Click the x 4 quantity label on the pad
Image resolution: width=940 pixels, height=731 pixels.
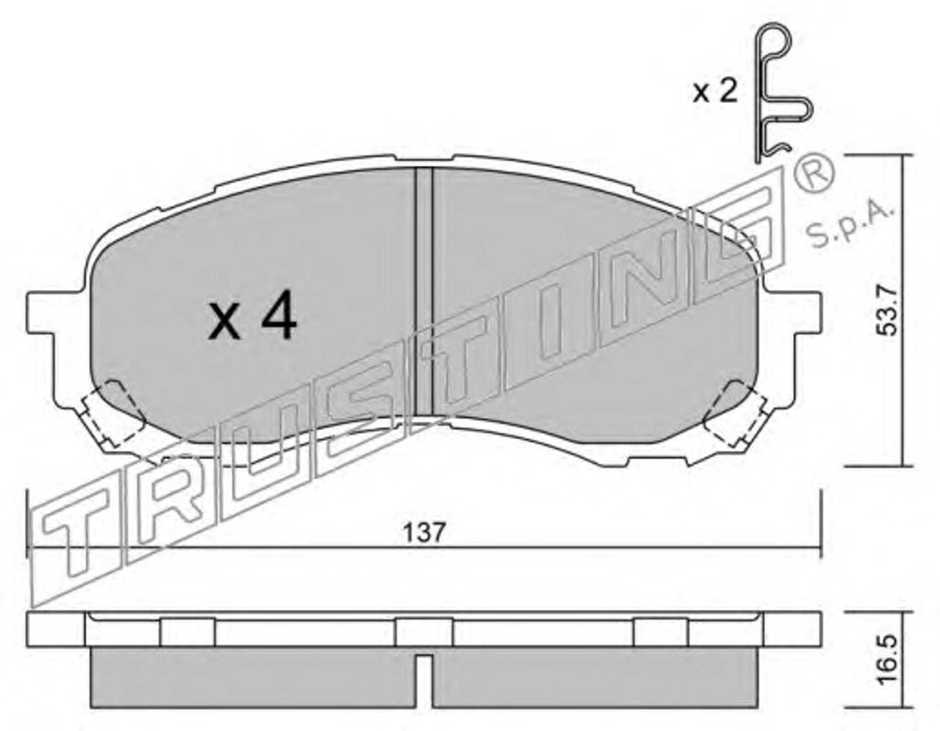pos(252,315)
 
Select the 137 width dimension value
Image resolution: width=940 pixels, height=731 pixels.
pos(424,532)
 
